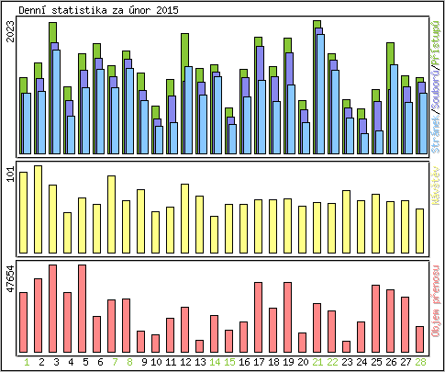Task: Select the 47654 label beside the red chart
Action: [10, 278]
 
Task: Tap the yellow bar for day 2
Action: [38, 202]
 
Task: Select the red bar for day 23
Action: [346, 346]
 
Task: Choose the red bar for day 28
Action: [420, 339]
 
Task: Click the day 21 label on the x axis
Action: [317, 361]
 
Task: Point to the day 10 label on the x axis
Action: [155, 361]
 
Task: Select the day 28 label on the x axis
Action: [420, 361]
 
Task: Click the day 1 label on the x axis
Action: [23, 361]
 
